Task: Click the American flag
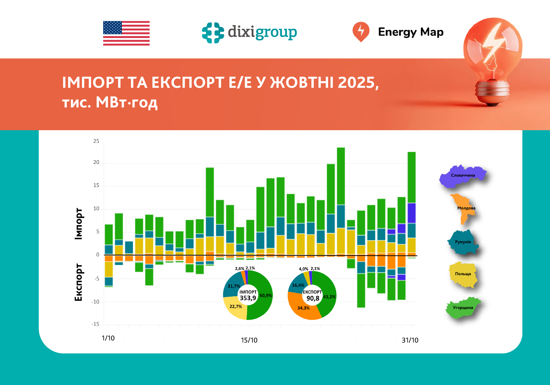coord(126,33)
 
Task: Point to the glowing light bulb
coord(492,60)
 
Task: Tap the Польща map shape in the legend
coord(463,274)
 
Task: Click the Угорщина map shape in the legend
coord(463,308)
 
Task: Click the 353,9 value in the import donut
coord(248,298)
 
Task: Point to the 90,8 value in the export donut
coord(313,299)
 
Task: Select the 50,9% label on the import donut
coord(266,296)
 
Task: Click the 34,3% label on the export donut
coord(303,308)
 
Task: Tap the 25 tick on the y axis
coord(96,141)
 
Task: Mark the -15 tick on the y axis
coord(95,324)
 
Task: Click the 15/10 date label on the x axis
coord(249,340)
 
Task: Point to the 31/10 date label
coord(410,340)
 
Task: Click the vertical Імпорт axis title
coord(79,224)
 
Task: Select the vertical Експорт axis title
coord(79,282)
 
